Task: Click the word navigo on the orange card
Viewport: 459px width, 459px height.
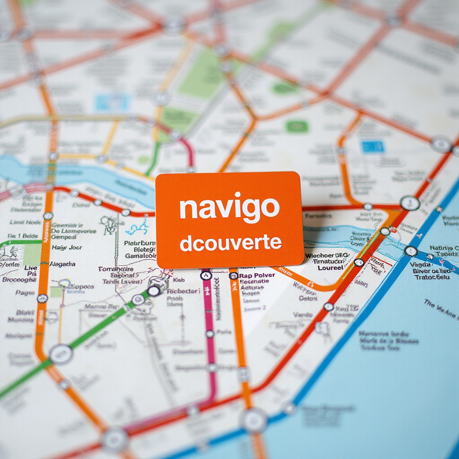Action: tap(229, 208)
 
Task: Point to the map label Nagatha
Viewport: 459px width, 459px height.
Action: tap(62, 264)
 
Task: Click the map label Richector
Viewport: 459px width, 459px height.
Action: tap(182, 291)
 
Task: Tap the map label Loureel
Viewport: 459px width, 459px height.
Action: tap(330, 268)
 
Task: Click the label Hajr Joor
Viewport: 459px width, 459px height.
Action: tap(67, 247)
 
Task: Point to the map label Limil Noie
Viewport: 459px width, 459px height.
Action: tap(25, 222)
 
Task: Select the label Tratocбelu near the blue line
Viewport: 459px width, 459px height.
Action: tap(432, 277)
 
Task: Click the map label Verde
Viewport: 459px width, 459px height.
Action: tap(303, 315)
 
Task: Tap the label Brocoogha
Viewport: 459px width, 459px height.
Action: tap(19, 280)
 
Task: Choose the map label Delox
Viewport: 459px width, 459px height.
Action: tap(308, 298)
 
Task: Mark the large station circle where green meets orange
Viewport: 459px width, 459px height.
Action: tap(61, 354)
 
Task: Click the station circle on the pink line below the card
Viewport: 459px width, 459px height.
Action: tap(206, 275)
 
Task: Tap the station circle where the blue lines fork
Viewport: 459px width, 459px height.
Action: tap(411, 251)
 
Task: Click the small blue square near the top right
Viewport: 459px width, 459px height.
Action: tap(373, 147)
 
